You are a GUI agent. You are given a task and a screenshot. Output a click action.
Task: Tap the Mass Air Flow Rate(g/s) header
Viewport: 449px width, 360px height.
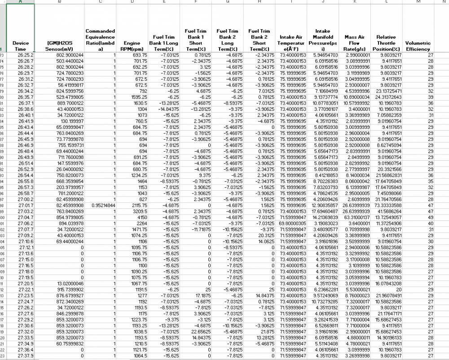pos(354,43)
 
